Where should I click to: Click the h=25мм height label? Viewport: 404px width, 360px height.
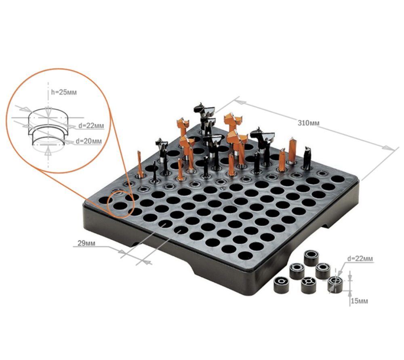(x=64, y=92)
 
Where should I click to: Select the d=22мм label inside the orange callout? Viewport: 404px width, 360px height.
(x=91, y=126)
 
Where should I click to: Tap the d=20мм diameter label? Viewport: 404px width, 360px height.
(x=88, y=141)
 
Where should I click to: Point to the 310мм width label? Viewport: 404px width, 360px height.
(x=308, y=123)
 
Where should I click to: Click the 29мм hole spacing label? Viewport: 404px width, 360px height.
(x=86, y=243)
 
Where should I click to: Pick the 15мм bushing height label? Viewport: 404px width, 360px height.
(x=359, y=301)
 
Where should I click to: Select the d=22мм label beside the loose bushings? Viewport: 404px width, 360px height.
(x=360, y=259)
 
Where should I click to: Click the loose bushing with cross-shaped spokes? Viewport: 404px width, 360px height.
(x=308, y=285)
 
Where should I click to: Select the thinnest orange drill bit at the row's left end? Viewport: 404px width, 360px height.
(x=140, y=164)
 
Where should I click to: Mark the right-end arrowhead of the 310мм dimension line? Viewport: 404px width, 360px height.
(x=389, y=148)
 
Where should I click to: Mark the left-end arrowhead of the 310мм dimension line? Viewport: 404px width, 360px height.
(x=239, y=102)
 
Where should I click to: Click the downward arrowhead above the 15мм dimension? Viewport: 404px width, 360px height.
(x=349, y=276)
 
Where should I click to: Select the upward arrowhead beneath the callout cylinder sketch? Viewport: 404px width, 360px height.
(x=47, y=153)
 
